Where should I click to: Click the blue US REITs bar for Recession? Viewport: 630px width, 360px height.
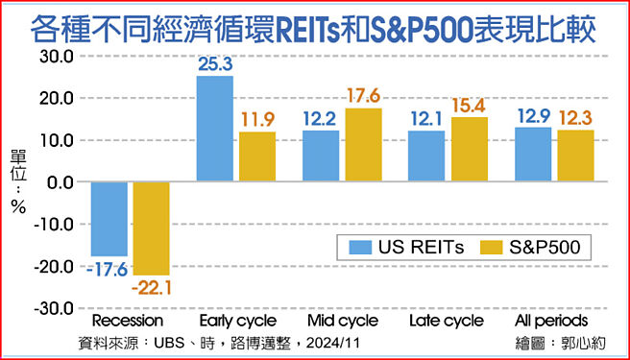pos(109,219)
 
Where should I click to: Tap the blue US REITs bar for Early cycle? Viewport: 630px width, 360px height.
pos(214,129)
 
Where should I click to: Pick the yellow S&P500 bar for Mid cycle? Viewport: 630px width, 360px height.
pos(363,145)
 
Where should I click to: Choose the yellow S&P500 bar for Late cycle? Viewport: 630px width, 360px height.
pos(470,150)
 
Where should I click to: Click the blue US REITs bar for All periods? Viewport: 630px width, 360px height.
pos(533,155)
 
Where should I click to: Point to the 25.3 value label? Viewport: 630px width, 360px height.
pos(215,64)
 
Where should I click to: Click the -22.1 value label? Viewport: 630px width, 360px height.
pos(153,287)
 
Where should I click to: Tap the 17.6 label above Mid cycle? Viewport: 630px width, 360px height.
pos(364,97)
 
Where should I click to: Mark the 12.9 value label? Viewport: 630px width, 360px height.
pos(533,117)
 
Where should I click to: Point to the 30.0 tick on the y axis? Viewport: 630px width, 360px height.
pos(56,56)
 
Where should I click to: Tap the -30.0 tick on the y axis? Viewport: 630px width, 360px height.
pos(53,309)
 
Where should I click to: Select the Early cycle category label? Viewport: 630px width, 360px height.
pos(237,321)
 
